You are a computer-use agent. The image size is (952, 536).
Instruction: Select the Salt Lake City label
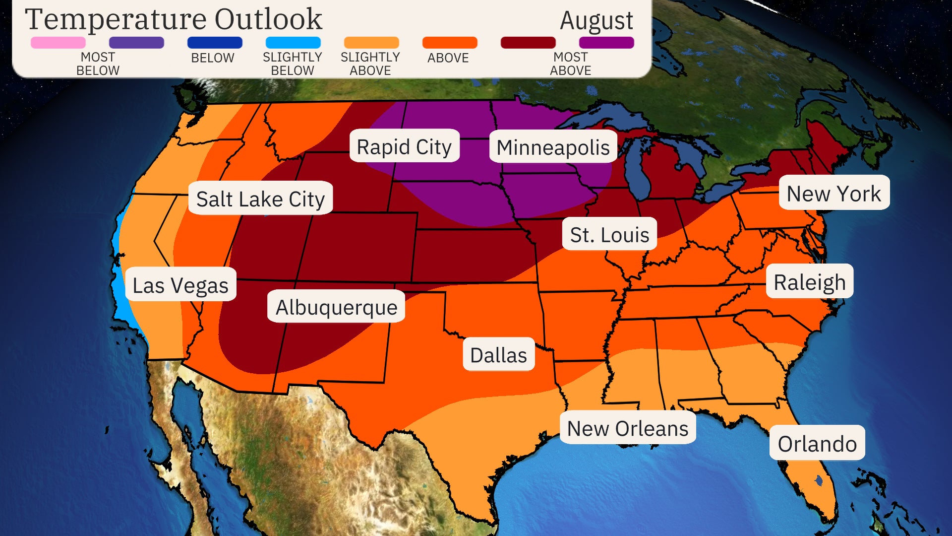tap(260, 199)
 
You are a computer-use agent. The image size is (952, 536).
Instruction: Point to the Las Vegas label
tap(180, 284)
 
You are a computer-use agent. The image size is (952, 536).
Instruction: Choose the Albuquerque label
tap(336, 306)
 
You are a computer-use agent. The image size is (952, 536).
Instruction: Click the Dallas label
tap(498, 354)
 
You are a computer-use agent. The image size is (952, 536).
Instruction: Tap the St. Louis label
tap(609, 234)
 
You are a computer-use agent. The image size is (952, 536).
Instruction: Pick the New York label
tap(834, 193)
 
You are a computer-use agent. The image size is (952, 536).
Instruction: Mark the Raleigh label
tap(809, 281)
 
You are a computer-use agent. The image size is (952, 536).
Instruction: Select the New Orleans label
tap(628, 427)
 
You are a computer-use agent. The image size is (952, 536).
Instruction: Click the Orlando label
tap(817, 443)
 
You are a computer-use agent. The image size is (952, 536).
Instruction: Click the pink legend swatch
tap(58, 43)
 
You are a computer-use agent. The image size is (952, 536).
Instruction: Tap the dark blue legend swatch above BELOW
tap(215, 43)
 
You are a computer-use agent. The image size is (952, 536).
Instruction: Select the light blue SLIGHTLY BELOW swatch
tap(293, 43)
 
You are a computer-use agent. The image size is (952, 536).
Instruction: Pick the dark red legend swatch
tap(528, 43)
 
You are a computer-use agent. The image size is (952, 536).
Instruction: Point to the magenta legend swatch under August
tap(606, 43)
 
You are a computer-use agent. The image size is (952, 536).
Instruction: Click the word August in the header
tap(596, 21)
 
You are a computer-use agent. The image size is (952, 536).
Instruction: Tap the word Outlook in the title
tap(268, 19)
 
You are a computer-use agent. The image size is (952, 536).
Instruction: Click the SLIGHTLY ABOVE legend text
tap(370, 64)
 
